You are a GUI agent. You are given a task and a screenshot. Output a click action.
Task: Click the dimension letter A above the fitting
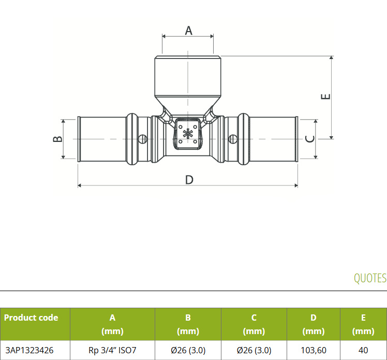click(188, 31)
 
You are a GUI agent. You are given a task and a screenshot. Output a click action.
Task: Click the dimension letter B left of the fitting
click(58, 139)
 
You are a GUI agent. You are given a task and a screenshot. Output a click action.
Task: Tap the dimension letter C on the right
click(310, 139)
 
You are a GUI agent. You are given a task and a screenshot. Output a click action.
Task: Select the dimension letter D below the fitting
click(189, 180)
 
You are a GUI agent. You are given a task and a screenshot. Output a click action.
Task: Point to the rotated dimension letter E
click(325, 96)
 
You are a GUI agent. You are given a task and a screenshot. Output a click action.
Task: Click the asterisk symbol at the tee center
click(188, 135)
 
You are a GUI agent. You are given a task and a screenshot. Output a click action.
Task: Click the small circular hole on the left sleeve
click(142, 139)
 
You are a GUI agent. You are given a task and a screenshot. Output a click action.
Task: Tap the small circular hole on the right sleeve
click(233, 139)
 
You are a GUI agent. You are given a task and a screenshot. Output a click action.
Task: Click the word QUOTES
click(370, 278)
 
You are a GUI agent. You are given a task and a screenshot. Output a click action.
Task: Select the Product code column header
click(31, 318)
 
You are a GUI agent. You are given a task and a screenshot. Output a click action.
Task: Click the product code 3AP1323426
click(29, 350)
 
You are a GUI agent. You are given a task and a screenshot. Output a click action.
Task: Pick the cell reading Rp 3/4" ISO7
click(112, 350)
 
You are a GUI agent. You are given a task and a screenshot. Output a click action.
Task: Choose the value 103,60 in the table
click(314, 350)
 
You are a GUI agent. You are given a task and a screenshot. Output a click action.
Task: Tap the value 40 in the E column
click(363, 350)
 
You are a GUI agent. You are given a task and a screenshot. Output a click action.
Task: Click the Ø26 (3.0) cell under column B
click(188, 350)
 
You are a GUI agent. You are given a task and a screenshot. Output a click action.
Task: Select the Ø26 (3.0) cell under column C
click(254, 350)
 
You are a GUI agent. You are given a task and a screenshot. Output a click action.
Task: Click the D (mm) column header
click(314, 324)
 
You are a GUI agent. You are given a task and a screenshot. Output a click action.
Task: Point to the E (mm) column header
click(363, 324)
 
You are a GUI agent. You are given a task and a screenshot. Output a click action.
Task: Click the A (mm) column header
click(112, 324)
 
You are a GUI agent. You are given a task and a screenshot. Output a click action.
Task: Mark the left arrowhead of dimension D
click(80, 185)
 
